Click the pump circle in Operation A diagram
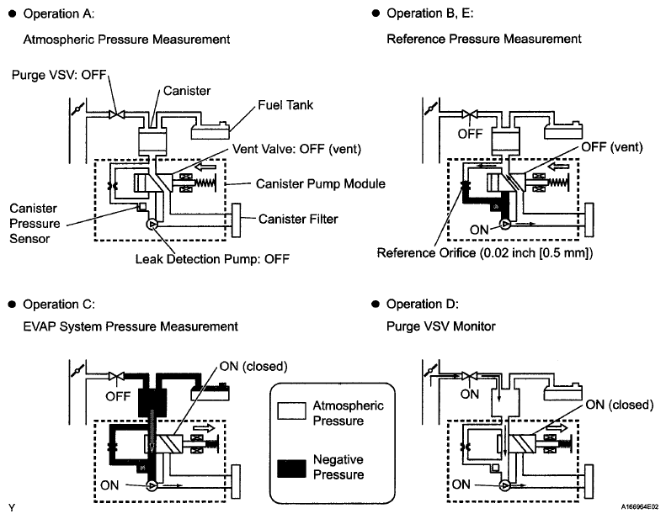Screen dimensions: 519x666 click(x=152, y=225)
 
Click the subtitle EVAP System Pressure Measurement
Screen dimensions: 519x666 click(x=130, y=326)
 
